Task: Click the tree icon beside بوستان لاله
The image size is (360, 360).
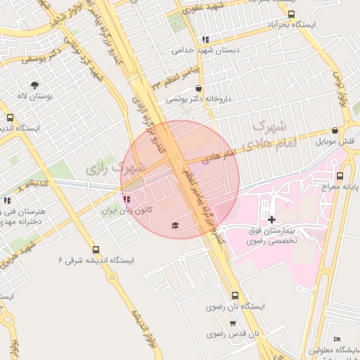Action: tap(32, 84)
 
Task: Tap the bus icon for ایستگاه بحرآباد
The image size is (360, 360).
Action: tap(292, 14)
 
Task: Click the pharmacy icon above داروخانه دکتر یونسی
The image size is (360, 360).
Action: tap(199, 89)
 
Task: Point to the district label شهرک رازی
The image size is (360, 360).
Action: tap(113, 169)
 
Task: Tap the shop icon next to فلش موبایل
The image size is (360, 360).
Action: tap(335, 130)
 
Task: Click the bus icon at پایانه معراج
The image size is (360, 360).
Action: tap(340, 176)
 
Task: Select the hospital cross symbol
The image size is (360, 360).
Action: tap(272, 219)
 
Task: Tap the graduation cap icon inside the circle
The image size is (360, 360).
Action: tap(174, 225)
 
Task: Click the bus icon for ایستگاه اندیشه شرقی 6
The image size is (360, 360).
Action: tap(96, 249)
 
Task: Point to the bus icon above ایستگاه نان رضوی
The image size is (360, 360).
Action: tap(235, 295)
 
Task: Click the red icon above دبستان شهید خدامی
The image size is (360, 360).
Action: tap(205, 40)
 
